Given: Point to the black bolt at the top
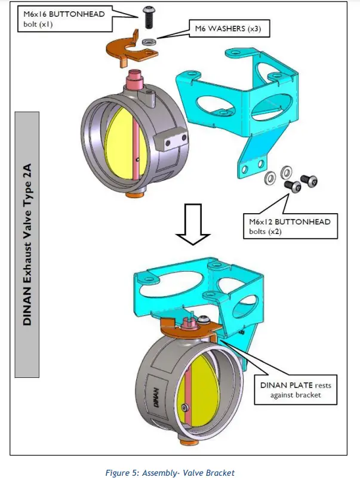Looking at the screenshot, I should click(x=147, y=16).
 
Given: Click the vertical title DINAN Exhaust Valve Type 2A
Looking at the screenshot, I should click(x=27, y=245).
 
